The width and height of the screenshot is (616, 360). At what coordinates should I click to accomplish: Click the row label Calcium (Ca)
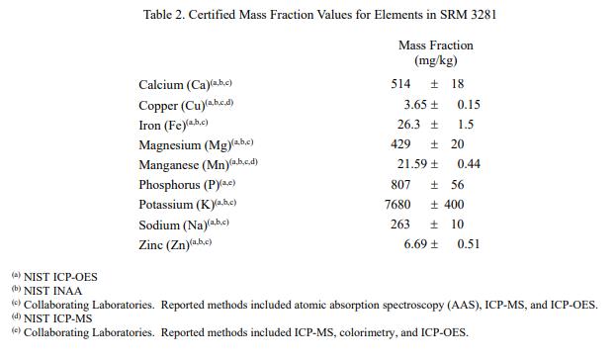pyautogui.click(x=174, y=85)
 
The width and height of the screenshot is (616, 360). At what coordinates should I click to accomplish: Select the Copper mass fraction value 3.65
pyautogui.click(x=415, y=105)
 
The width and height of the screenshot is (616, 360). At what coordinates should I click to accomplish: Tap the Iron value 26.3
pyautogui.click(x=408, y=125)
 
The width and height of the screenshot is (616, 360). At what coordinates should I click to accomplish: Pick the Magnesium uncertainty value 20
pyautogui.click(x=457, y=144)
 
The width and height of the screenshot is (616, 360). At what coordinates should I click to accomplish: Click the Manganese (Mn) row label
pyautogui.click(x=184, y=165)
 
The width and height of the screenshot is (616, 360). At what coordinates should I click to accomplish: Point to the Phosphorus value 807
pyautogui.click(x=400, y=185)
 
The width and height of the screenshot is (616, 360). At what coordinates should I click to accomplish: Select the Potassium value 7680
pyautogui.click(x=397, y=205)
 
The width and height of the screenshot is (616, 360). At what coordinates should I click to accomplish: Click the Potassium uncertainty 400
pyautogui.click(x=454, y=205)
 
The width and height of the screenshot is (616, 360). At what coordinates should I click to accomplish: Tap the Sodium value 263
pyautogui.click(x=400, y=225)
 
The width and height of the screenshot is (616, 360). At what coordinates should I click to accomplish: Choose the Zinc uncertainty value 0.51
pyautogui.click(x=469, y=244)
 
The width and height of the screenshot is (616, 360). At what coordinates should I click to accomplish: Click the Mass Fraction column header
pyautogui.click(x=436, y=45)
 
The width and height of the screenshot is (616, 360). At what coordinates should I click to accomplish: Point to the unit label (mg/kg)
pyautogui.click(x=436, y=60)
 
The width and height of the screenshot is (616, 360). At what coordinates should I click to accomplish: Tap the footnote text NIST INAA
pyautogui.click(x=53, y=291)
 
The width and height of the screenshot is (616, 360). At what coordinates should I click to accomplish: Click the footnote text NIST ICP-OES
pyautogui.click(x=60, y=277)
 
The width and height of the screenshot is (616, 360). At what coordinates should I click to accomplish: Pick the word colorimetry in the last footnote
pyautogui.click(x=368, y=332)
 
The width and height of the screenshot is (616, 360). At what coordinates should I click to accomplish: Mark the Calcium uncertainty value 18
pyautogui.click(x=457, y=84)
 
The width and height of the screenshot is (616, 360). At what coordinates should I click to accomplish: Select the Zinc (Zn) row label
pyautogui.click(x=164, y=245)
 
